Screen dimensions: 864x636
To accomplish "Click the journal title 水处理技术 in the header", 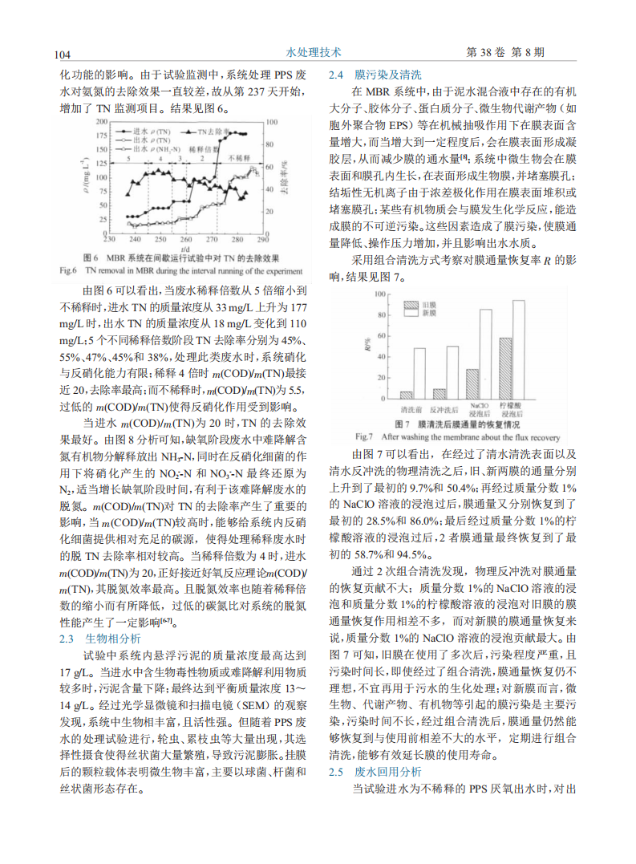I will point(314,52).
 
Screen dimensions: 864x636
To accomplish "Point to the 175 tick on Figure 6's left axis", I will point(99,136).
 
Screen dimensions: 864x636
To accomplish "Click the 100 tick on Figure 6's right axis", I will point(271,121).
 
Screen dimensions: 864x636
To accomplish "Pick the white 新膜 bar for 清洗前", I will point(419,373).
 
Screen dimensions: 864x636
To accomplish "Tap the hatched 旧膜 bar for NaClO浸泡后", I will point(472,384).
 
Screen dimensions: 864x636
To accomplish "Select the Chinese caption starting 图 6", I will point(181,259).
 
